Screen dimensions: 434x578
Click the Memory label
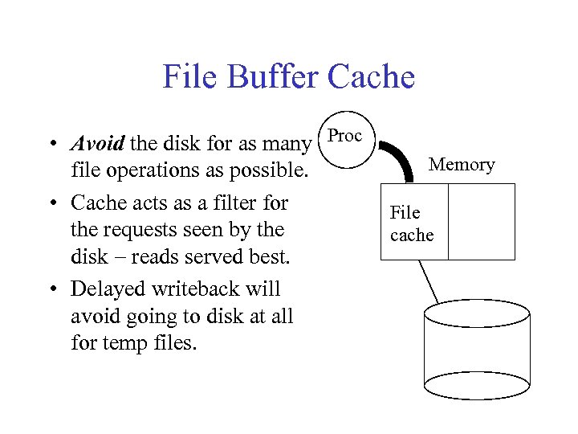pos(462,165)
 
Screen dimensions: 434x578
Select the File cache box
pos(413,223)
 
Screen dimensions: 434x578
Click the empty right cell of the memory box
pos(481,222)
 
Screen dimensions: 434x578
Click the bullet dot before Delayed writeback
pos(51,289)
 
